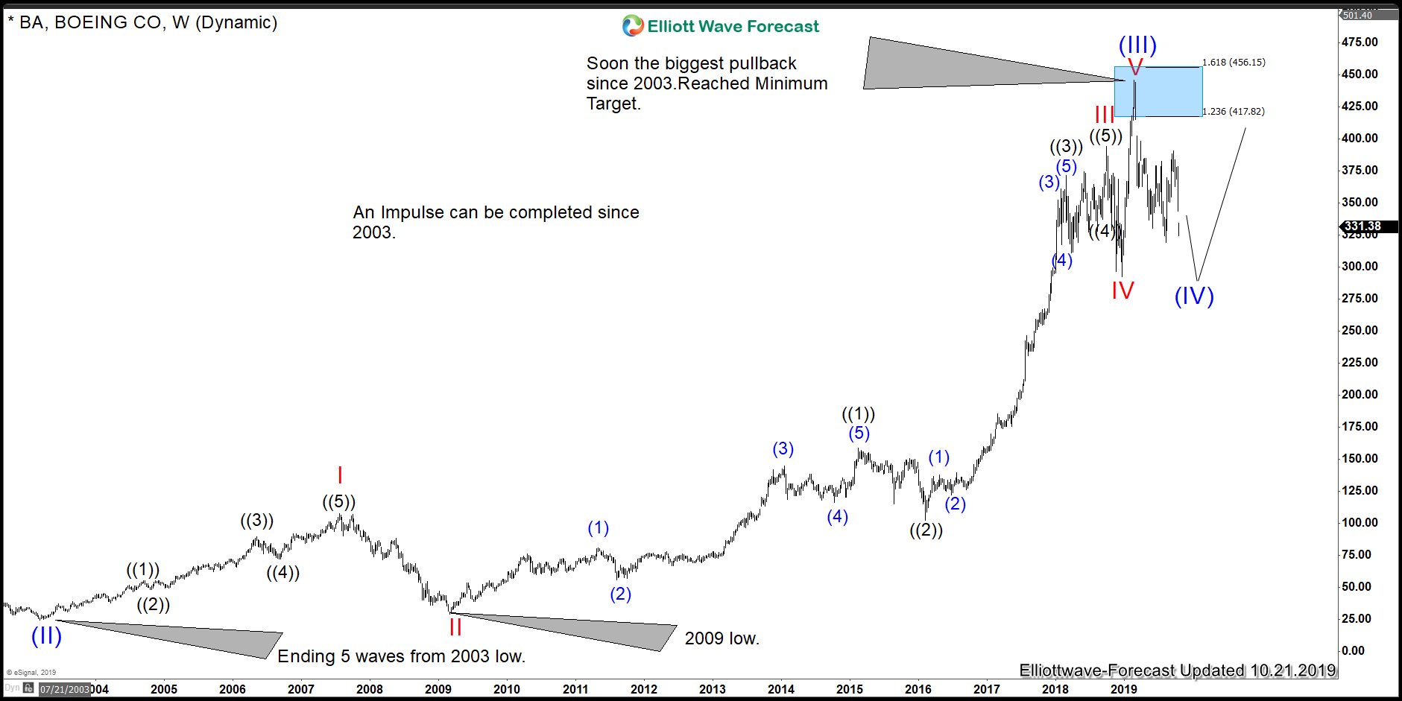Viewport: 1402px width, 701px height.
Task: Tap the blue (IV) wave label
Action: point(1194,296)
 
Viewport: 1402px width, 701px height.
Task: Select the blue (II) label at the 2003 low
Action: point(46,635)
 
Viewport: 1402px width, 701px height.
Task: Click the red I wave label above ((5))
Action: point(340,475)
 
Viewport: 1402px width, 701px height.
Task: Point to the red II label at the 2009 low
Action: point(455,627)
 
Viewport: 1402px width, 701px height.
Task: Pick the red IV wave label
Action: point(1122,290)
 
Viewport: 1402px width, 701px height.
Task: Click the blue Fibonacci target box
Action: point(1158,92)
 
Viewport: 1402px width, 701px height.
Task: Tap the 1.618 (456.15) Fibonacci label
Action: point(1234,63)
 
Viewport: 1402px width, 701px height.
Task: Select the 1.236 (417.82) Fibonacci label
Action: point(1234,112)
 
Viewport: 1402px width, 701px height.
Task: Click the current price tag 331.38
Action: point(1362,226)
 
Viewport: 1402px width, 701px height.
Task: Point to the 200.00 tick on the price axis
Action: point(1360,394)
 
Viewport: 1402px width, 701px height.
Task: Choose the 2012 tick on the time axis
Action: point(644,689)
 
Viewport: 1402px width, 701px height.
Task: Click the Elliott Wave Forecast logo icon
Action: point(633,26)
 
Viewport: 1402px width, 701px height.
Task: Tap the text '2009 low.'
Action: point(721,638)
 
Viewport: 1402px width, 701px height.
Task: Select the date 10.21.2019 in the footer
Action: point(1293,670)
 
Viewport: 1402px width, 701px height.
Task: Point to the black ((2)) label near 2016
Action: point(926,530)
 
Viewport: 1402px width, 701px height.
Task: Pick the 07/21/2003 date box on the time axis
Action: point(64,689)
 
